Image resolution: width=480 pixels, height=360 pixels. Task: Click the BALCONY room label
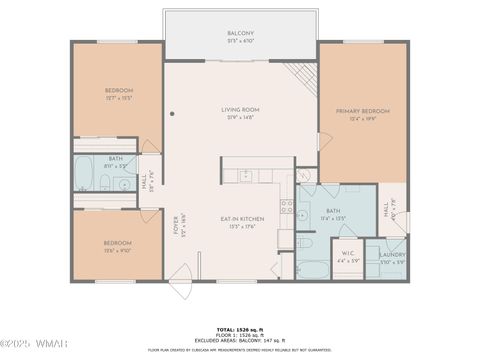point(240,34)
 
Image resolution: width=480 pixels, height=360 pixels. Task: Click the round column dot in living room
point(172,114)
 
